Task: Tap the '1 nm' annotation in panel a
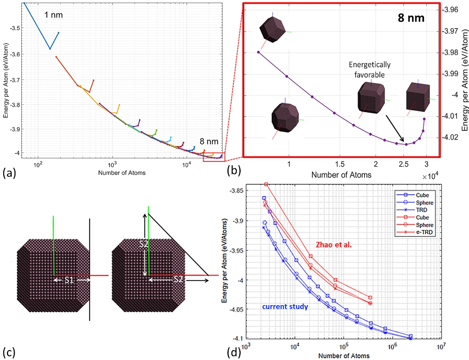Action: (x=53, y=15)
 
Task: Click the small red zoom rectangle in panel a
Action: (x=214, y=155)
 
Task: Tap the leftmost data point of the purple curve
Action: (x=258, y=52)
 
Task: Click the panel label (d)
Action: (x=233, y=352)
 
